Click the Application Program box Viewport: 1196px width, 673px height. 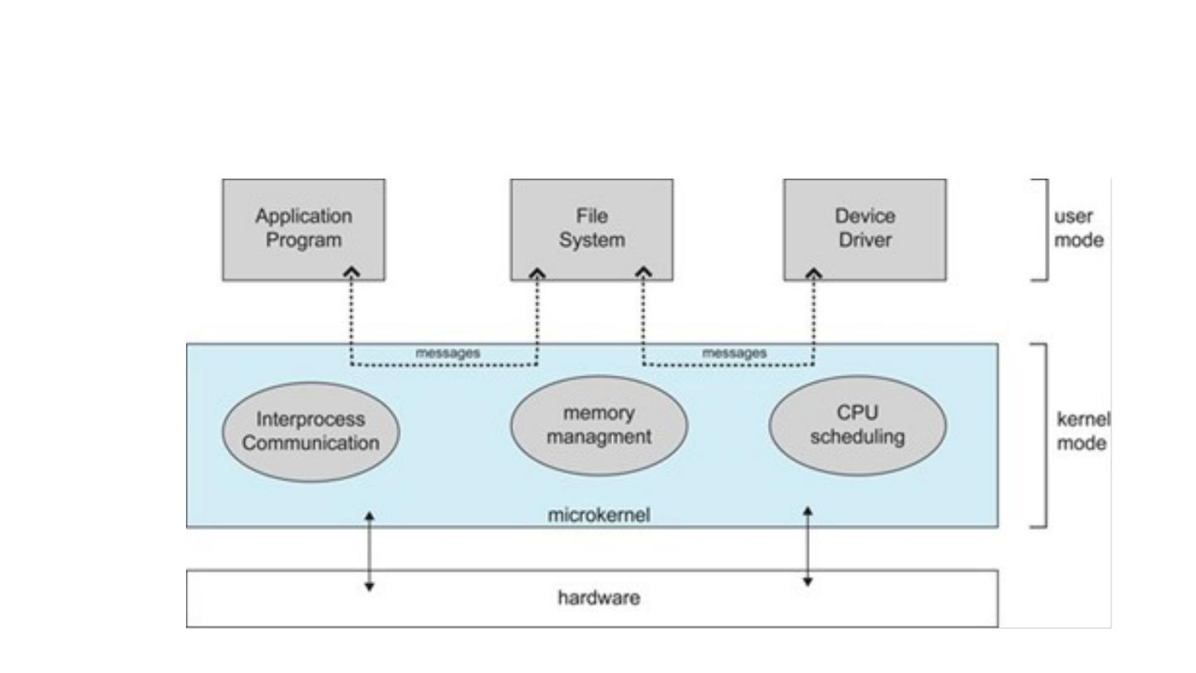303,229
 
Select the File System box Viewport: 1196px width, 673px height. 591,229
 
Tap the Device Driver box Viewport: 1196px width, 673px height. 865,229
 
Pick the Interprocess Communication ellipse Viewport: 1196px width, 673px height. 311,431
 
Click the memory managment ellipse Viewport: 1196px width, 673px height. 598,425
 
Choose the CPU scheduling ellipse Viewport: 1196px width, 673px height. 857,425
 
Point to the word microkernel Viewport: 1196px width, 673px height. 598,515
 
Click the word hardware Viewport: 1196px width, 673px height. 598,597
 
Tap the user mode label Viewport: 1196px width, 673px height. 1078,228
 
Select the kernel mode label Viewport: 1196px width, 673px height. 1082,431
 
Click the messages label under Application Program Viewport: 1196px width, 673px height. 448,353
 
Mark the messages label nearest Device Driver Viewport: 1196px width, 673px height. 734,353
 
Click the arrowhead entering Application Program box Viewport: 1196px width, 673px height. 352,272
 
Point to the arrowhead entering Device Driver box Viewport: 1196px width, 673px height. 814,272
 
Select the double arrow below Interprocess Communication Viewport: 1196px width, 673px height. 370,551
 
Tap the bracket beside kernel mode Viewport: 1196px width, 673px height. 1043,435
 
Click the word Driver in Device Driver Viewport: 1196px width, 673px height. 865,241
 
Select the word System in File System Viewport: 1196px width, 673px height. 591,241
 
